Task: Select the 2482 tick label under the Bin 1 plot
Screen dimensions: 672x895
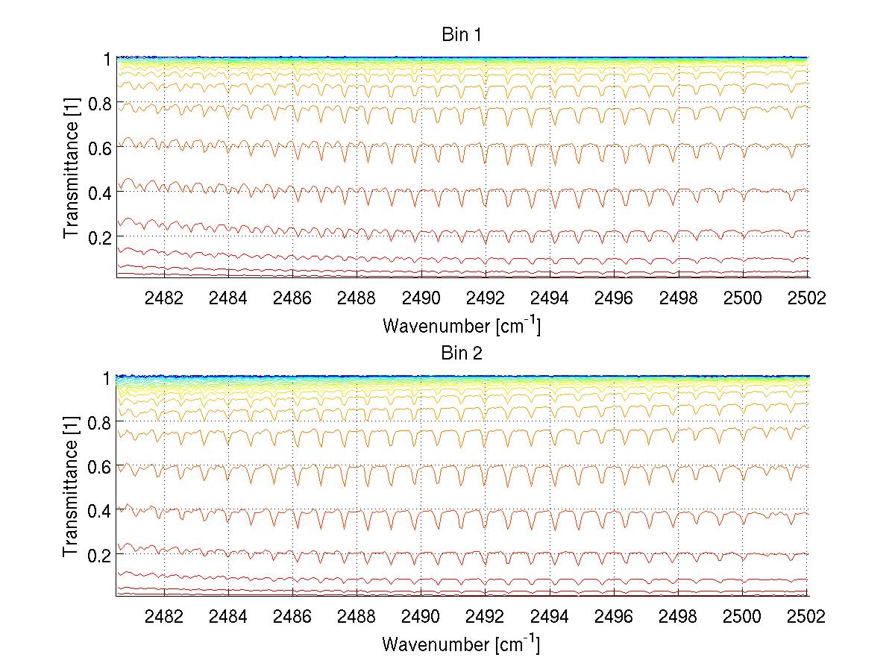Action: pos(164,298)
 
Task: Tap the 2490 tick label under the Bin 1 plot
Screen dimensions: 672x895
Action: pos(421,298)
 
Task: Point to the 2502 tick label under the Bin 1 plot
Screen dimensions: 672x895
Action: pos(807,298)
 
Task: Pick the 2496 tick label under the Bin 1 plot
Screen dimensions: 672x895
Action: pos(614,298)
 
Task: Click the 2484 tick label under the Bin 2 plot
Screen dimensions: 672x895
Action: pos(228,617)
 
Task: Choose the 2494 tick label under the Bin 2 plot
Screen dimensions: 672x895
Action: pos(550,617)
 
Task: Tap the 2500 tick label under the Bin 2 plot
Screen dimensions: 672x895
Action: pos(743,617)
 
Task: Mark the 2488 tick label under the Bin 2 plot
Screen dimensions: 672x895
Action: pos(357,617)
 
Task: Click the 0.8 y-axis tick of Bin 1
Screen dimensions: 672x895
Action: pos(99,104)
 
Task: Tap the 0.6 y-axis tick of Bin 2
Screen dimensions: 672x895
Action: pos(99,466)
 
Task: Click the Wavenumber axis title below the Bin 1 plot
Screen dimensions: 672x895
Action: pos(461,325)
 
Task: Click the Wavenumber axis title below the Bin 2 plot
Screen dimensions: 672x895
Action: pos(461,644)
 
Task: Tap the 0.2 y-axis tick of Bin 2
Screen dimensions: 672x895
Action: pos(99,555)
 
